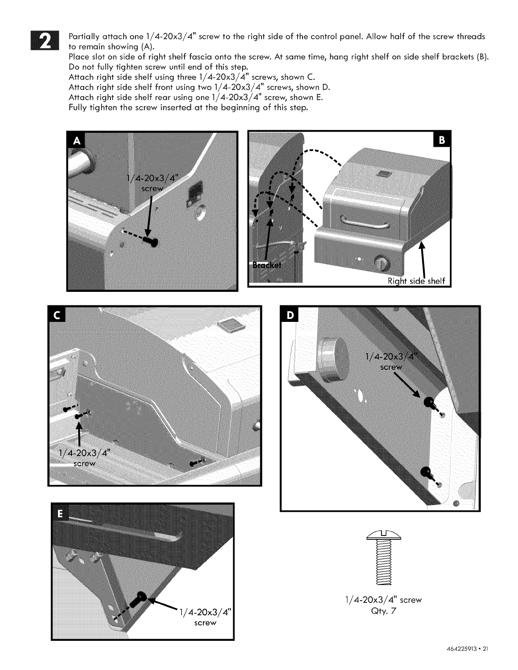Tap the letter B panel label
coord(442,141)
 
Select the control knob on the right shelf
coord(383,264)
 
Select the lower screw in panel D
coord(427,472)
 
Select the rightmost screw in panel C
coord(197,462)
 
